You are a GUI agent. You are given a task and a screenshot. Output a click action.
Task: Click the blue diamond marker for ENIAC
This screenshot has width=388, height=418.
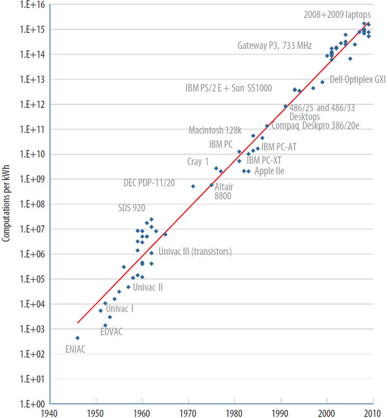coord(78,338)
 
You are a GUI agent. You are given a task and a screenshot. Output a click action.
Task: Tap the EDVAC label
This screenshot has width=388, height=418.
coord(112,331)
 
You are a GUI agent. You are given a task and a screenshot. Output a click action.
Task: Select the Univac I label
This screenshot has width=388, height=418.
coord(120,309)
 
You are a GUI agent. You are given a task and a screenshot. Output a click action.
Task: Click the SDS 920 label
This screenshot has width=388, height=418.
coord(132,208)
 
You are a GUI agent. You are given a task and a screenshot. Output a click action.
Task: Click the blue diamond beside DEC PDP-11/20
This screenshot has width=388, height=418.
coord(193,186)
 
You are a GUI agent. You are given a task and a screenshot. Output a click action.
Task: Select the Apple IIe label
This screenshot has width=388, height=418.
coord(269,171)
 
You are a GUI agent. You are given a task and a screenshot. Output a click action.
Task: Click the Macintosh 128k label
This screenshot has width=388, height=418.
coord(215,130)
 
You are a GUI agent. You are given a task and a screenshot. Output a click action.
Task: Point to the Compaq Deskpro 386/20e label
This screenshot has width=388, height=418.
coord(315,126)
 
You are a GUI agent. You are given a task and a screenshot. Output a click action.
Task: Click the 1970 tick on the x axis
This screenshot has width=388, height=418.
coord(188,413)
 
